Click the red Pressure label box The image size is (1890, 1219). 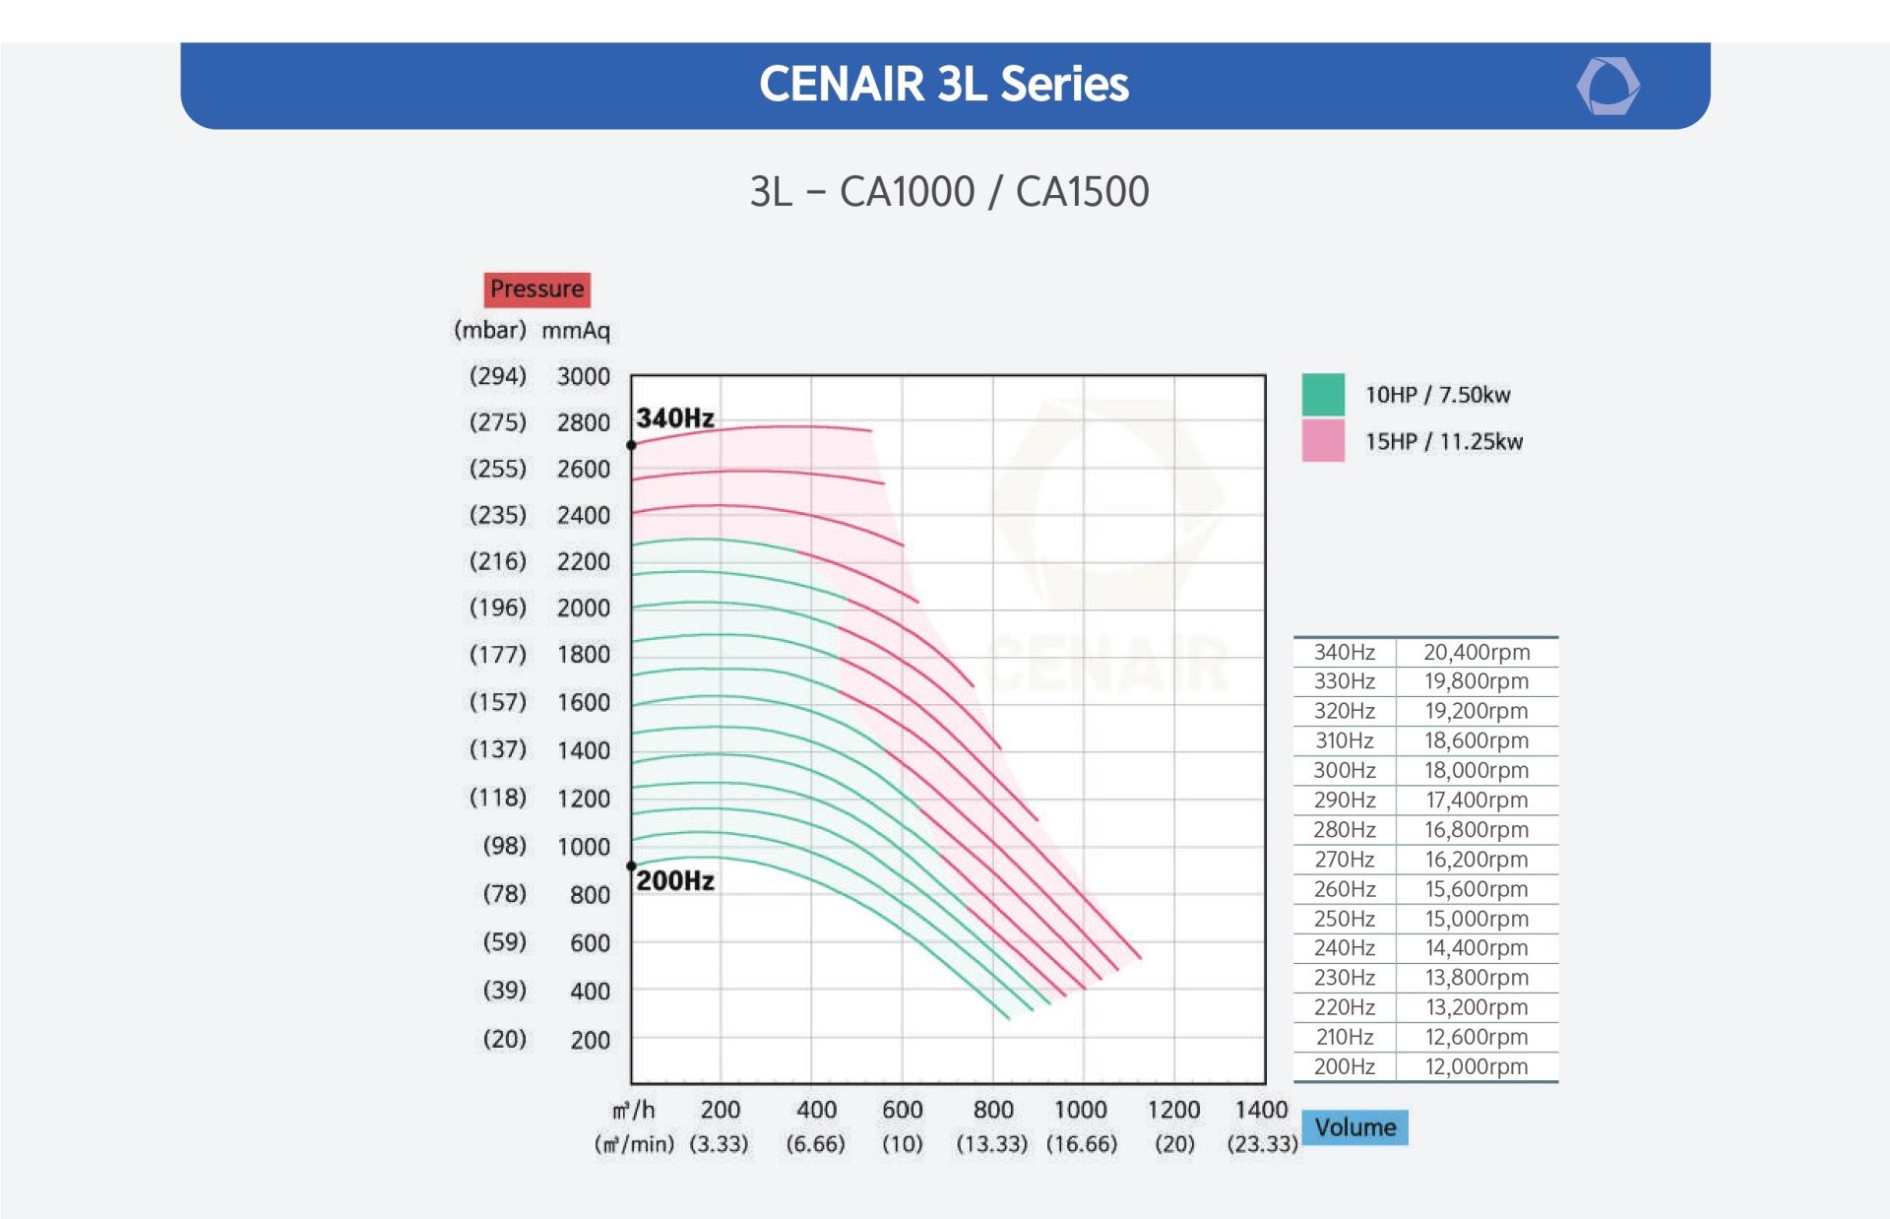coord(536,289)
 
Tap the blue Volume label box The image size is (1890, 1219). coord(1354,1127)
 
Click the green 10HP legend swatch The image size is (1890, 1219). coord(1323,394)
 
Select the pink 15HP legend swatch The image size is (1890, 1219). coord(1323,440)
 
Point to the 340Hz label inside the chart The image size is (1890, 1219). coord(675,418)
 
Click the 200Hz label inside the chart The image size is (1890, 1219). coord(675,881)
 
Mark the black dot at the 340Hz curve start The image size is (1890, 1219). coord(632,446)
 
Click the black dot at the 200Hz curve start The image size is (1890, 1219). coord(632,866)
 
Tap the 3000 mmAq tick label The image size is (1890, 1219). coord(584,376)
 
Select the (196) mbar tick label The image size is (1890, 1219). coord(498,608)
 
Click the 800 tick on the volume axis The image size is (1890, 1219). coord(993,1110)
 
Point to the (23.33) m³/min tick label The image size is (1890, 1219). coord(1262,1144)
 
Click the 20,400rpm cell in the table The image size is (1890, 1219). coord(1477,652)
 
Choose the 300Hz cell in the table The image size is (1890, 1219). coord(1345,770)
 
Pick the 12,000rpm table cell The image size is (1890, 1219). coord(1477,1066)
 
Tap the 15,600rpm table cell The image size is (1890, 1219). coord(1477,889)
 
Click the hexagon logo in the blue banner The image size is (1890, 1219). coord(1607,86)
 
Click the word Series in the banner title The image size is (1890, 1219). coord(1064,85)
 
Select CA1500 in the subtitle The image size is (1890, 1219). coord(1082,192)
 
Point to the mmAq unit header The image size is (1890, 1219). coord(576,331)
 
